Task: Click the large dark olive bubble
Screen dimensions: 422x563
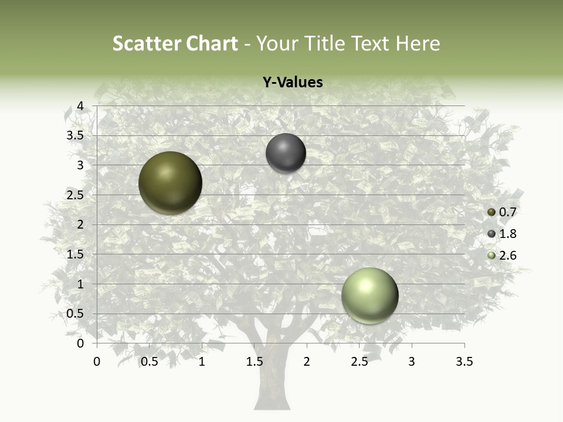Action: tap(170, 183)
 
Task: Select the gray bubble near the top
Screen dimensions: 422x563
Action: tap(286, 153)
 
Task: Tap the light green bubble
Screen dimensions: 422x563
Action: tap(369, 295)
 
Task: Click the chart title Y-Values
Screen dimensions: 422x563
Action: tap(293, 83)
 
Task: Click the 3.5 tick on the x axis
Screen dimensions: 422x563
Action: tap(464, 362)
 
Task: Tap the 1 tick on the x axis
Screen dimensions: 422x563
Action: tap(202, 362)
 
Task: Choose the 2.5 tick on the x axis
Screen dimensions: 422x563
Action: tap(359, 362)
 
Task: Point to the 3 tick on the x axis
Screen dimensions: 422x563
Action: tap(412, 362)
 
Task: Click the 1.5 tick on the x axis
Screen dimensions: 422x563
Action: tap(255, 362)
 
